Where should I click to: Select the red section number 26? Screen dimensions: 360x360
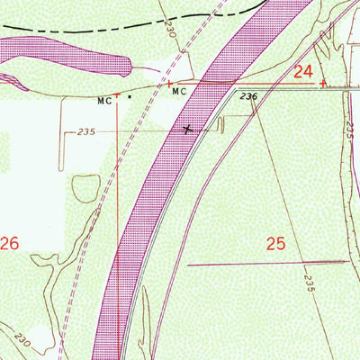pyautogui.click(x=10, y=243)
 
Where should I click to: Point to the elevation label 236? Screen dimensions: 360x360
pyautogui.click(x=249, y=97)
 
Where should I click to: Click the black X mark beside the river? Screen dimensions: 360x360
pyautogui.click(x=186, y=130)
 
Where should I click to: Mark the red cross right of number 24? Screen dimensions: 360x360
pyautogui.click(x=322, y=83)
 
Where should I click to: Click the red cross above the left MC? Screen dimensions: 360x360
pyautogui.click(x=116, y=91)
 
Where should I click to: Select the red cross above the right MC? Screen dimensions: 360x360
pyautogui.click(x=171, y=84)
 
